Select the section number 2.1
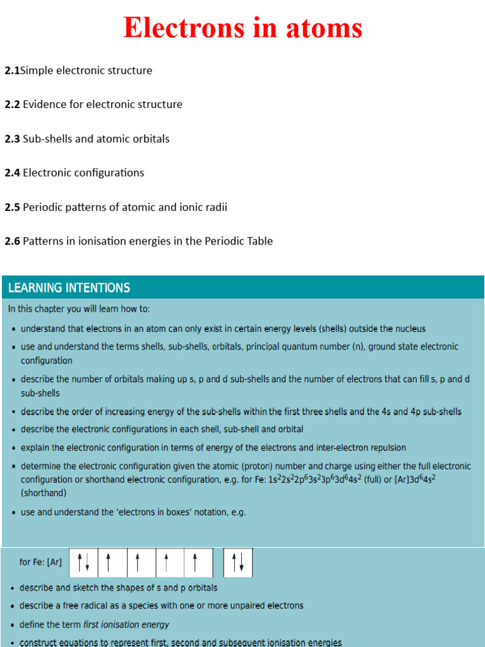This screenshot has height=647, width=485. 12,71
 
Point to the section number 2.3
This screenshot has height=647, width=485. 12,139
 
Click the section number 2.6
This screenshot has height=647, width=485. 12,241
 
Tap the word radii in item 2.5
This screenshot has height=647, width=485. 216,207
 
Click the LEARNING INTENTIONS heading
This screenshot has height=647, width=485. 69,288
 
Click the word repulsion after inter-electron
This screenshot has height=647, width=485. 382,448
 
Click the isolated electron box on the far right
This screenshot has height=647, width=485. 238,562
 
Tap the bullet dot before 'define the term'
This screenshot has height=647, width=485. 13,625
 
